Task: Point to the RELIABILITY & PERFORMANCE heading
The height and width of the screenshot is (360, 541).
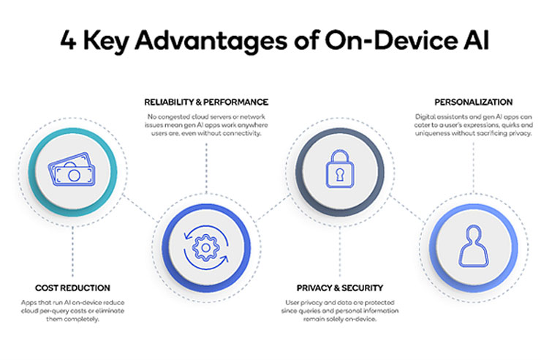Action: (205, 102)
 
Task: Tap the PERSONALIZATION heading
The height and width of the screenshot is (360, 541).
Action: (474, 102)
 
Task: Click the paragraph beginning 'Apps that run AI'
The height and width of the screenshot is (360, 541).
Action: (72, 312)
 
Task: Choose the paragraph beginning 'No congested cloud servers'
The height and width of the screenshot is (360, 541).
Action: (205, 126)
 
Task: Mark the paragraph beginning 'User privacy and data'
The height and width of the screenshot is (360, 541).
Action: (340, 312)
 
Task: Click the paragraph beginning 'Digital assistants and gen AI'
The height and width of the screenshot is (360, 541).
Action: (474, 126)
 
